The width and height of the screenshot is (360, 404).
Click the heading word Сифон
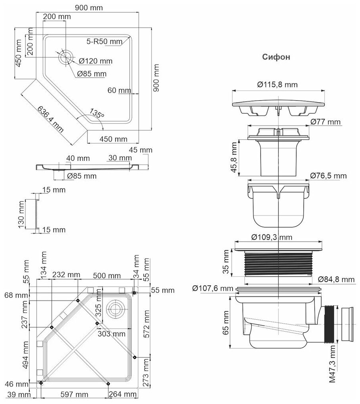276,57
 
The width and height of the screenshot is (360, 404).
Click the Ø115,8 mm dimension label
277,85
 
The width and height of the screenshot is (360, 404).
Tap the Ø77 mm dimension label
325,122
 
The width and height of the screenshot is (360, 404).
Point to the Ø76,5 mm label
328,175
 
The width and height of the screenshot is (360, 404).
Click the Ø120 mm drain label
95,61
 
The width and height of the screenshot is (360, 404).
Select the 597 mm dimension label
73,394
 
